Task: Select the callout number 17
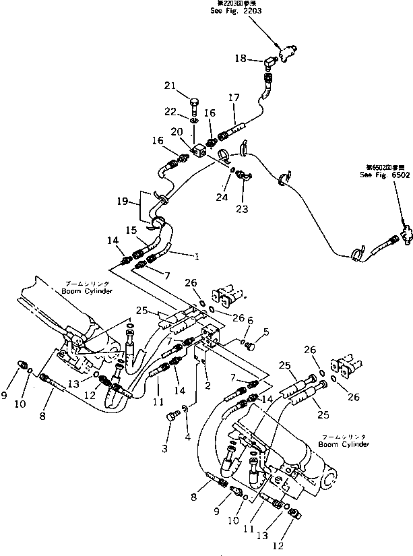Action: tap(234, 97)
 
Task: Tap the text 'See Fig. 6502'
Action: tap(383, 174)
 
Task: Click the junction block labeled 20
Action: tap(199, 151)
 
